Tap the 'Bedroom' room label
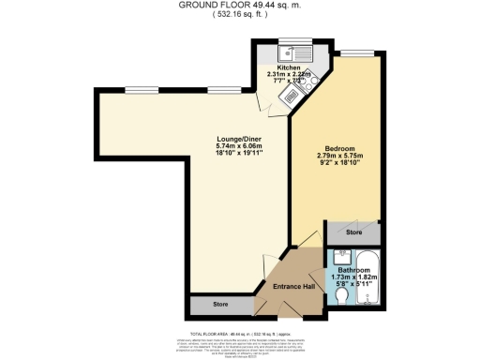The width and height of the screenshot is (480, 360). (337, 148)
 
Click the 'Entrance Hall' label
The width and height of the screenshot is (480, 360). (292, 286)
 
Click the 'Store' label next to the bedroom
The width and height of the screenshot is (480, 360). (353, 232)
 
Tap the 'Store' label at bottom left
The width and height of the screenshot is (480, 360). (221, 304)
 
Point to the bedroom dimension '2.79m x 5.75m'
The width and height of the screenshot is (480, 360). (337, 156)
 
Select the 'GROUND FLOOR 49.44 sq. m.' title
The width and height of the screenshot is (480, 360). (240, 5)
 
